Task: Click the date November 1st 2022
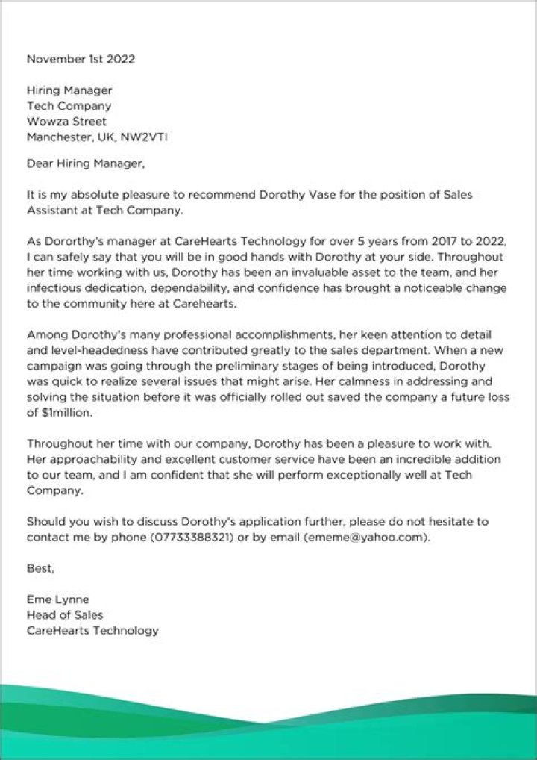point(81,58)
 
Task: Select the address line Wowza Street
point(66,121)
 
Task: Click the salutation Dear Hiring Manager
point(84,163)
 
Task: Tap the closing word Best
point(40,568)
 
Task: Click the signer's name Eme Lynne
point(58,599)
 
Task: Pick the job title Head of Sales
point(65,615)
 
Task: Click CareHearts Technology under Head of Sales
point(92,631)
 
